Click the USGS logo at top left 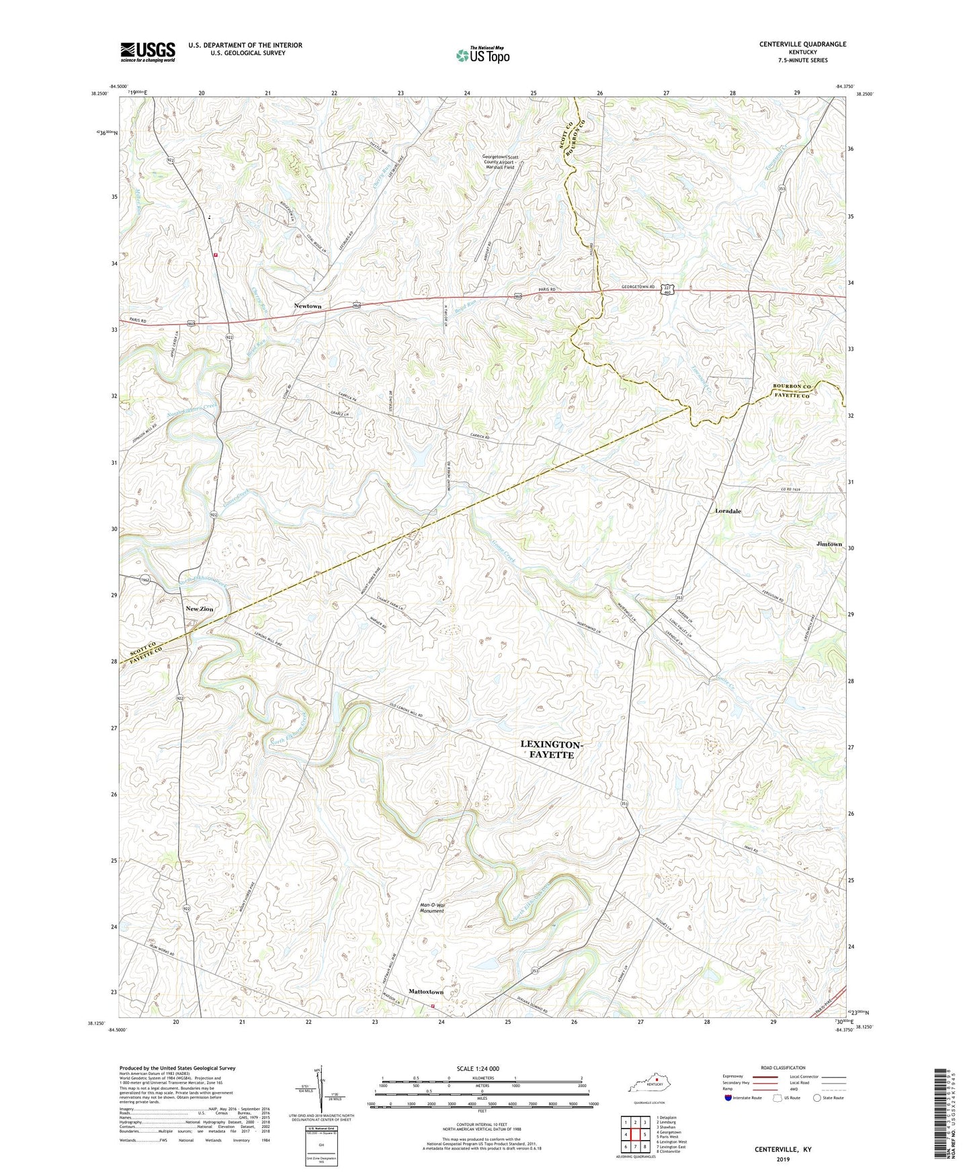click(x=148, y=52)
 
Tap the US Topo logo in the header click(x=482, y=55)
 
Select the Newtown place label click(x=308, y=306)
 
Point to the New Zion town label click(x=199, y=609)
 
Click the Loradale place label click(x=728, y=511)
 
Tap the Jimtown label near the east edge click(x=829, y=544)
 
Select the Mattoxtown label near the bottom click(x=426, y=992)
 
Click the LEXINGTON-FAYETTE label click(x=548, y=750)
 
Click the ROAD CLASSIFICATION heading click(x=782, y=1068)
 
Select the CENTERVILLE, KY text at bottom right click(x=782, y=1149)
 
